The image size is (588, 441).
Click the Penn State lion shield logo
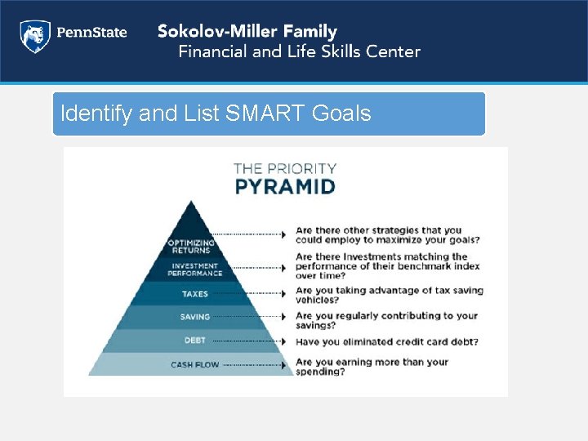pyautogui.click(x=34, y=37)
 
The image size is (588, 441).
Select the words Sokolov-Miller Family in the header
pyautogui.click(x=247, y=32)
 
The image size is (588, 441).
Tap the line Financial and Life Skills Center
pyautogui.click(x=299, y=51)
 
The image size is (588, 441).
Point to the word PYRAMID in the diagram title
pyautogui.click(x=284, y=186)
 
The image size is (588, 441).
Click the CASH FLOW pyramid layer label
pyautogui.click(x=194, y=364)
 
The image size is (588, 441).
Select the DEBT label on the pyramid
pyautogui.click(x=194, y=341)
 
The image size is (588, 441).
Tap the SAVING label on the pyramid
pyautogui.click(x=194, y=317)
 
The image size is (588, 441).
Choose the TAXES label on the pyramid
pyautogui.click(x=194, y=293)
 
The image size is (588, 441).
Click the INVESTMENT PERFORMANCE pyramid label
pyautogui.click(x=194, y=269)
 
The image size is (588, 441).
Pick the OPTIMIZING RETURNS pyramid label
pyautogui.click(x=192, y=247)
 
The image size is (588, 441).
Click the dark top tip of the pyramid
pyautogui.click(x=191, y=216)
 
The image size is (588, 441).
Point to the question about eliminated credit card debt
pyautogui.click(x=385, y=341)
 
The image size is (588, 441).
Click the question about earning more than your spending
pyautogui.click(x=372, y=367)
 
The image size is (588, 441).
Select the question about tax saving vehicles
pyautogui.click(x=389, y=295)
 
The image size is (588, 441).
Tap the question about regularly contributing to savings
pyautogui.click(x=385, y=320)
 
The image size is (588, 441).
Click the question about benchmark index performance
pyautogui.click(x=387, y=266)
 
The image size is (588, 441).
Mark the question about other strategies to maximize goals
pyautogui.click(x=387, y=235)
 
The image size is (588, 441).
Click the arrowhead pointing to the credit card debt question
pyautogui.click(x=283, y=341)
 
